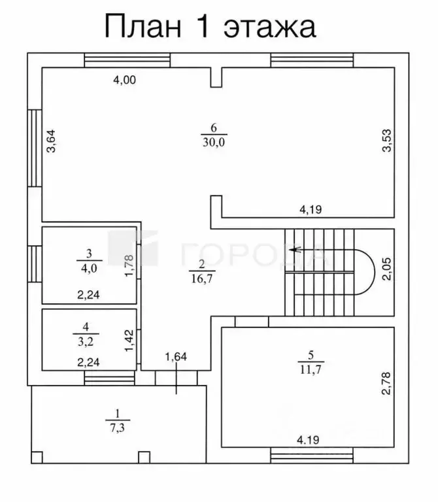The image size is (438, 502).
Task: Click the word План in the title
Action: (143, 27)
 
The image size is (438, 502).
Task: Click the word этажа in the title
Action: (270, 27)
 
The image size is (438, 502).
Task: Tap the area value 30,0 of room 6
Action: (214, 142)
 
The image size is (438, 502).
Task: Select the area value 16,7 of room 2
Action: (202, 278)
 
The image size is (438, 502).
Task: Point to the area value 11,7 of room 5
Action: (311, 369)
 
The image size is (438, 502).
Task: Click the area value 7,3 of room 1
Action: (118, 427)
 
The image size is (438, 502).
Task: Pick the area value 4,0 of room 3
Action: (89, 268)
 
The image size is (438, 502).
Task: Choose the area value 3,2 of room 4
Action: (86, 342)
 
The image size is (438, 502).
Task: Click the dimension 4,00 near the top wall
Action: (125, 80)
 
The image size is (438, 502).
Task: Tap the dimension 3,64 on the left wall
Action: (51, 141)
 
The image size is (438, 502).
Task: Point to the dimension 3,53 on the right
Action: (387, 141)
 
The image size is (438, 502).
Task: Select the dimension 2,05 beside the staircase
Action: (387, 269)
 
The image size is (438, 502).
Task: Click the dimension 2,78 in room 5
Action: (387, 383)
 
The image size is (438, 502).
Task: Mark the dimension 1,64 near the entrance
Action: (176, 357)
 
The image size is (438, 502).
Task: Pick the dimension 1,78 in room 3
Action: (129, 265)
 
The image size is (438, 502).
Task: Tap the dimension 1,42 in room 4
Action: (129, 341)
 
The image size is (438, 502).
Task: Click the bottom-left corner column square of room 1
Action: (37, 457)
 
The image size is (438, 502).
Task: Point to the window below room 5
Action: (312, 455)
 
